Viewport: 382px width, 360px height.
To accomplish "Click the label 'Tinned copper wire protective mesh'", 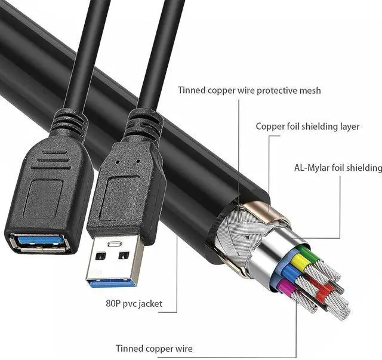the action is tap(249, 91).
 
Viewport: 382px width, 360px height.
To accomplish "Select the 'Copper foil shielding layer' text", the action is tap(307, 127).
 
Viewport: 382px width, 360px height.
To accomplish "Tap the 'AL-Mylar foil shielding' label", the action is tap(338, 168).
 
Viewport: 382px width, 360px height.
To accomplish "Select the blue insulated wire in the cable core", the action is tap(288, 273).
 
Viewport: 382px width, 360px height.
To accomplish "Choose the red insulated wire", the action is tap(322, 293).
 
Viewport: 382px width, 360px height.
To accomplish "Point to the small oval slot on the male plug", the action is tap(113, 244).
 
